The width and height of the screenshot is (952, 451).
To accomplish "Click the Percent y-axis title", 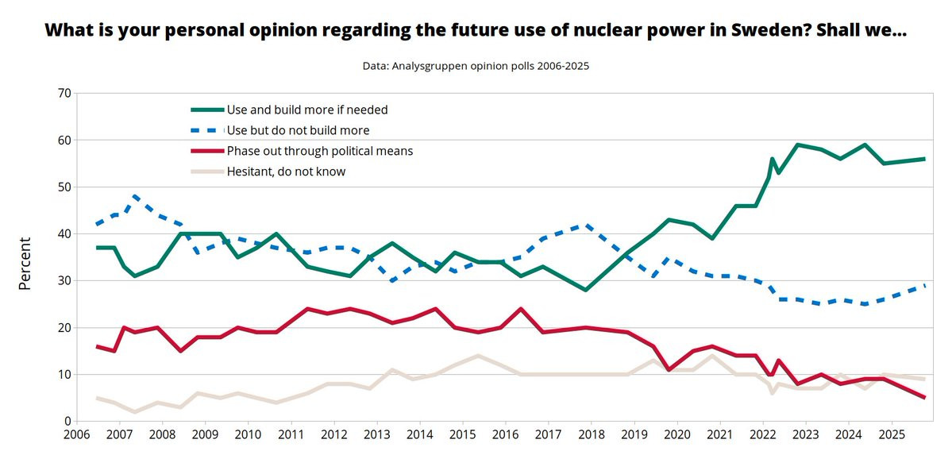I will [25, 263].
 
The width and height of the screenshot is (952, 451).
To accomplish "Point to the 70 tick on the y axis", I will [64, 94].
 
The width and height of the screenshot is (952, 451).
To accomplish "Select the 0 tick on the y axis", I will [67, 421].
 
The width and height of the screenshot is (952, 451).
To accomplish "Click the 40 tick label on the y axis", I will [64, 234].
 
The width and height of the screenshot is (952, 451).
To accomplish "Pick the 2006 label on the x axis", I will [76, 436].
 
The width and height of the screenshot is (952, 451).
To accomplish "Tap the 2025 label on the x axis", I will [891, 436].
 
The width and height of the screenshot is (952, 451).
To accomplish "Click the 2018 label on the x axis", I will [592, 436].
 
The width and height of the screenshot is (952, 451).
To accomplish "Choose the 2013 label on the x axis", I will [377, 436].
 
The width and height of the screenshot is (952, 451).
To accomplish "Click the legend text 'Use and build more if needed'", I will [307, 110].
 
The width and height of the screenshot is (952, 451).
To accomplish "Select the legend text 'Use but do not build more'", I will [298, 130].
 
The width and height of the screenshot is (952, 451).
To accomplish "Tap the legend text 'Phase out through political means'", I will [320, 151].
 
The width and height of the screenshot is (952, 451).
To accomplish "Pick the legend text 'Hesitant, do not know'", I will [286, 171].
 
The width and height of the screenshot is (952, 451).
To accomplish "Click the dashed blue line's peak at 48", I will [136, 196].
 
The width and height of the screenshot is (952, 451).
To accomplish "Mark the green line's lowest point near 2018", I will [585, 290].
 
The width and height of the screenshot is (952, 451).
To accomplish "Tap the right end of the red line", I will [925, 398].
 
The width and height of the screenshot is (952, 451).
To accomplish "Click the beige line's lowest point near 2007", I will [136, 411].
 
